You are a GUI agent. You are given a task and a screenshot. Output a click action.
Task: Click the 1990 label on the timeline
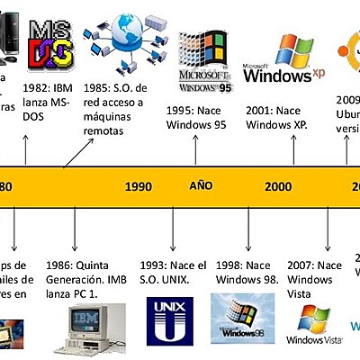138,186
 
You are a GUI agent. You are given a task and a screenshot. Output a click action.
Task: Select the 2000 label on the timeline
278,186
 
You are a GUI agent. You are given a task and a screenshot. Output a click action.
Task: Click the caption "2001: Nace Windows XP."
277,117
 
